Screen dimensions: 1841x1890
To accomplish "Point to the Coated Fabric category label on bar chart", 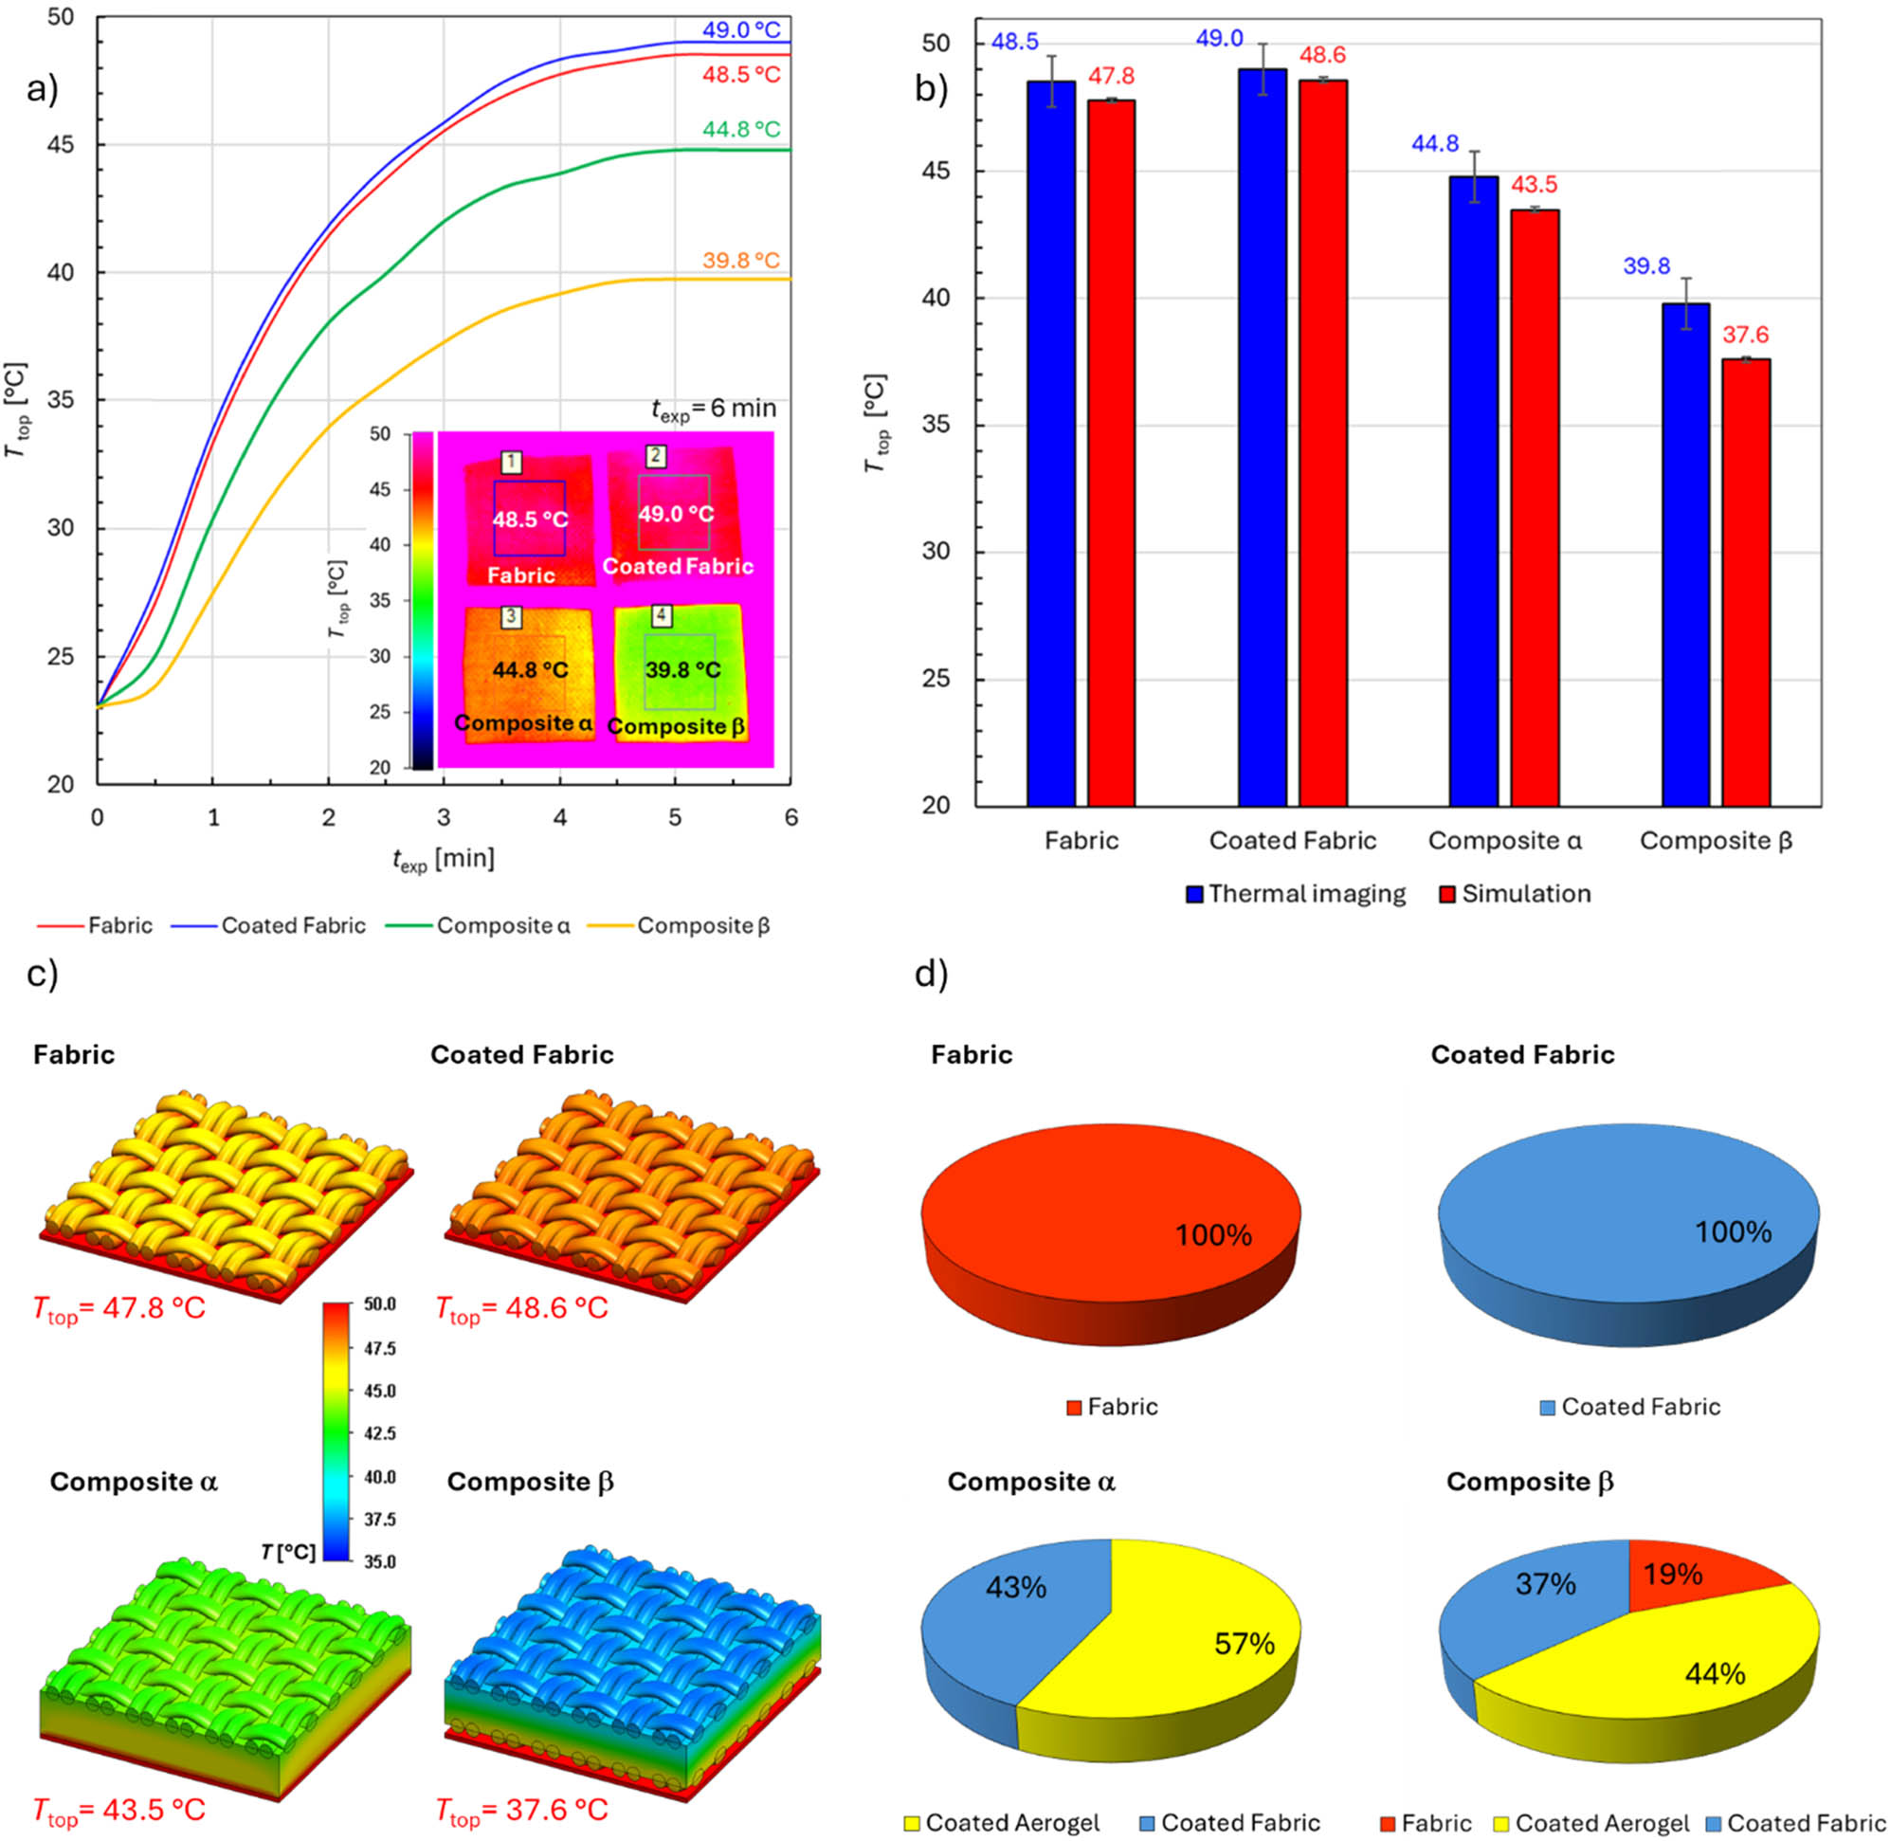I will pos(1292,840).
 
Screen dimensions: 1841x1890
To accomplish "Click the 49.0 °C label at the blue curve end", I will pos(740,30).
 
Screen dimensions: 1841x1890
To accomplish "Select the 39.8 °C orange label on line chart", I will pos(740,260).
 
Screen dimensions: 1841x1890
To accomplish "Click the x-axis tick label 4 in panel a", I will pos(560,818).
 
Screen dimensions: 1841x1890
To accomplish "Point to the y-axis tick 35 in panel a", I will pos(60,400).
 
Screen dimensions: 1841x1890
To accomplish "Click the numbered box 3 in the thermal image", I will pos(512,617).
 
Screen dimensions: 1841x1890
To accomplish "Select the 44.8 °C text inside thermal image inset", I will pos(530,670).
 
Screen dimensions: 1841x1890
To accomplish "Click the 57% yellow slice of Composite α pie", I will pos(1227,1644).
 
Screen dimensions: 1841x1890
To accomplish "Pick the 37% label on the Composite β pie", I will pos(1545,1585).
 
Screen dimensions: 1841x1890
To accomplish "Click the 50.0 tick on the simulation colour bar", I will pos(379,1304).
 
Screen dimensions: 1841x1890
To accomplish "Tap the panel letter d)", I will pos(931,975).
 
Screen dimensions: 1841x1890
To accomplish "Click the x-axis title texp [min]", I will pos(443,859).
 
